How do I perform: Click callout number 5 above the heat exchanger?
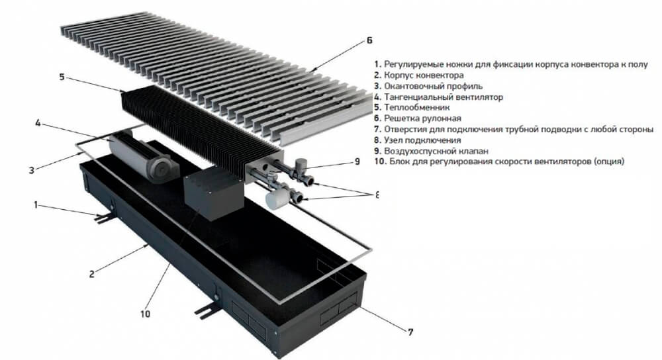[x=62, y=77]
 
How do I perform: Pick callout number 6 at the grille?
[x=369, y=40]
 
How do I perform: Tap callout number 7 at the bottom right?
[x=412, y=332]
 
